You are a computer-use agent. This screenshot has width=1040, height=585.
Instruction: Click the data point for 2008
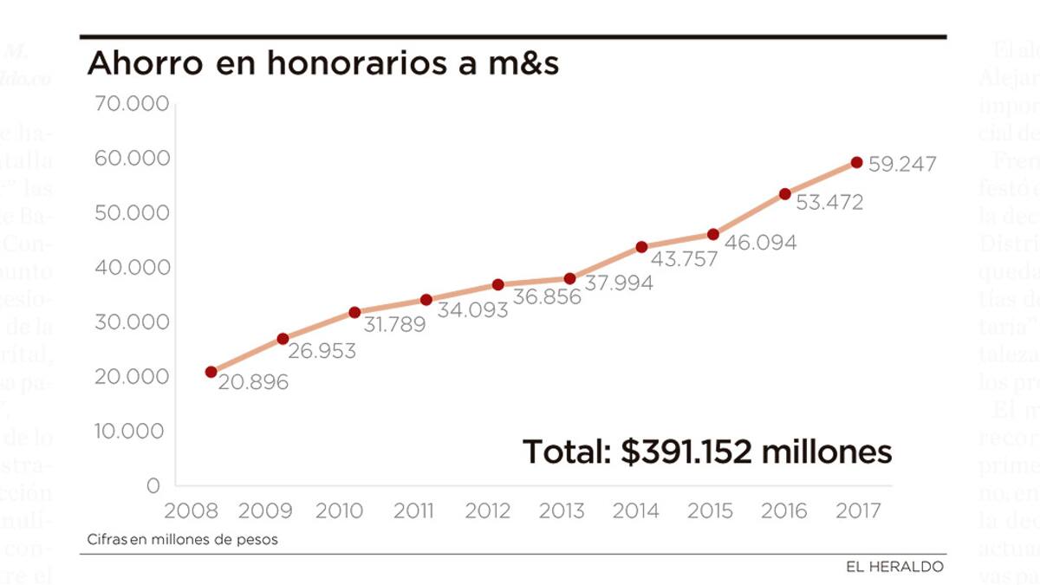(211, 372)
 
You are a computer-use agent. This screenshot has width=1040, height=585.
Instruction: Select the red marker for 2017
(856, 162)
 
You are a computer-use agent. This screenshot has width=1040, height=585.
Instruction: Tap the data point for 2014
(641, 247)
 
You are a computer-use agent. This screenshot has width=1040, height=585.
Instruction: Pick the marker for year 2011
(426, 300)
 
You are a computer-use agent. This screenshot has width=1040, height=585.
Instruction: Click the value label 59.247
(902, 164)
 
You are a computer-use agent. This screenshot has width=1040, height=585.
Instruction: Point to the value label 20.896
(253, 382)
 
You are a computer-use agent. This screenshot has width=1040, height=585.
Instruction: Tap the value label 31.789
(390, 326)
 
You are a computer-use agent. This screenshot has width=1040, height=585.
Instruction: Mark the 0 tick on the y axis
(153, 485)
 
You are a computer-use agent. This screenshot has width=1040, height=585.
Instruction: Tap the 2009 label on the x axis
(265, 510)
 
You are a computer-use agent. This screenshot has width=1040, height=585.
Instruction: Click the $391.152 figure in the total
(686, 452)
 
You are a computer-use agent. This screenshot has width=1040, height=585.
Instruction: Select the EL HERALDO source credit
(895, 567)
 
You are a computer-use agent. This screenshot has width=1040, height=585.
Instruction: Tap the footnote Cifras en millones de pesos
(183, 539)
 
